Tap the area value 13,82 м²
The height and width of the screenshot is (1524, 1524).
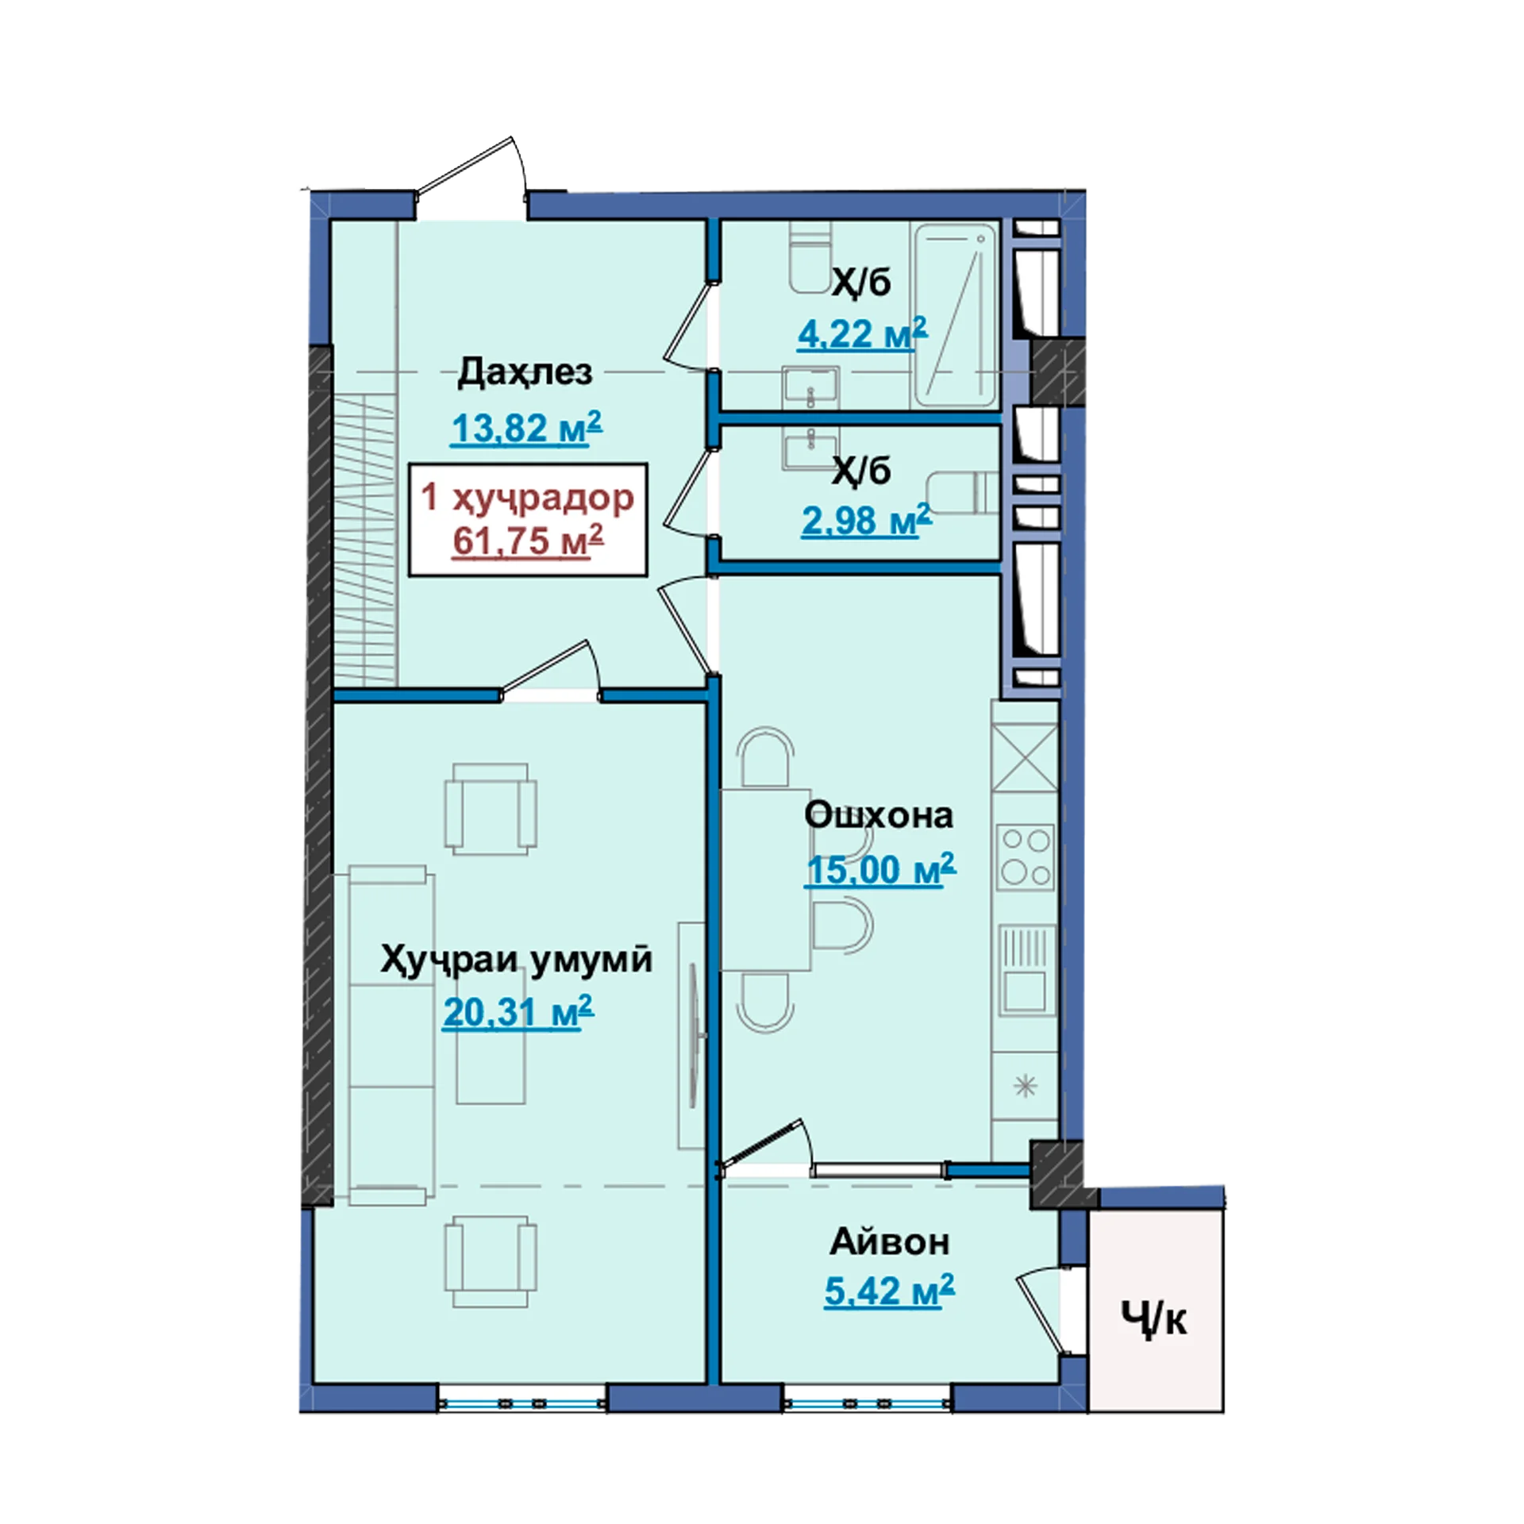coord(526,428)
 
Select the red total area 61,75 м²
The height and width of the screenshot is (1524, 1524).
coord(528,541)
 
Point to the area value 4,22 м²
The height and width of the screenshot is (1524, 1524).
coord(862,333)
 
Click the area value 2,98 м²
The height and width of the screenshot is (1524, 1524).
coord(866,521)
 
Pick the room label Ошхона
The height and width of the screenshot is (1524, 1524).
coord(879,815)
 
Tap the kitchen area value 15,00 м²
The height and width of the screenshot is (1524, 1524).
coord(881,870)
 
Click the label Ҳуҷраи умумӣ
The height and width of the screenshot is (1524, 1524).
coord(516,960)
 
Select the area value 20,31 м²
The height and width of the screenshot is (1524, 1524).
coord(518,1012)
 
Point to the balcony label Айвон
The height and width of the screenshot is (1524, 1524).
coord(889,1242)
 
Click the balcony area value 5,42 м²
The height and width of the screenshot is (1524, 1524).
coord(889,1291)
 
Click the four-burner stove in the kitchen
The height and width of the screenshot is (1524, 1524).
coord(1026,856)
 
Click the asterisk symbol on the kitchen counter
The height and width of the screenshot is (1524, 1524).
coord(1026,1085)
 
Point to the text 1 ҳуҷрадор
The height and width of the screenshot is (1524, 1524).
coord(528,498)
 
